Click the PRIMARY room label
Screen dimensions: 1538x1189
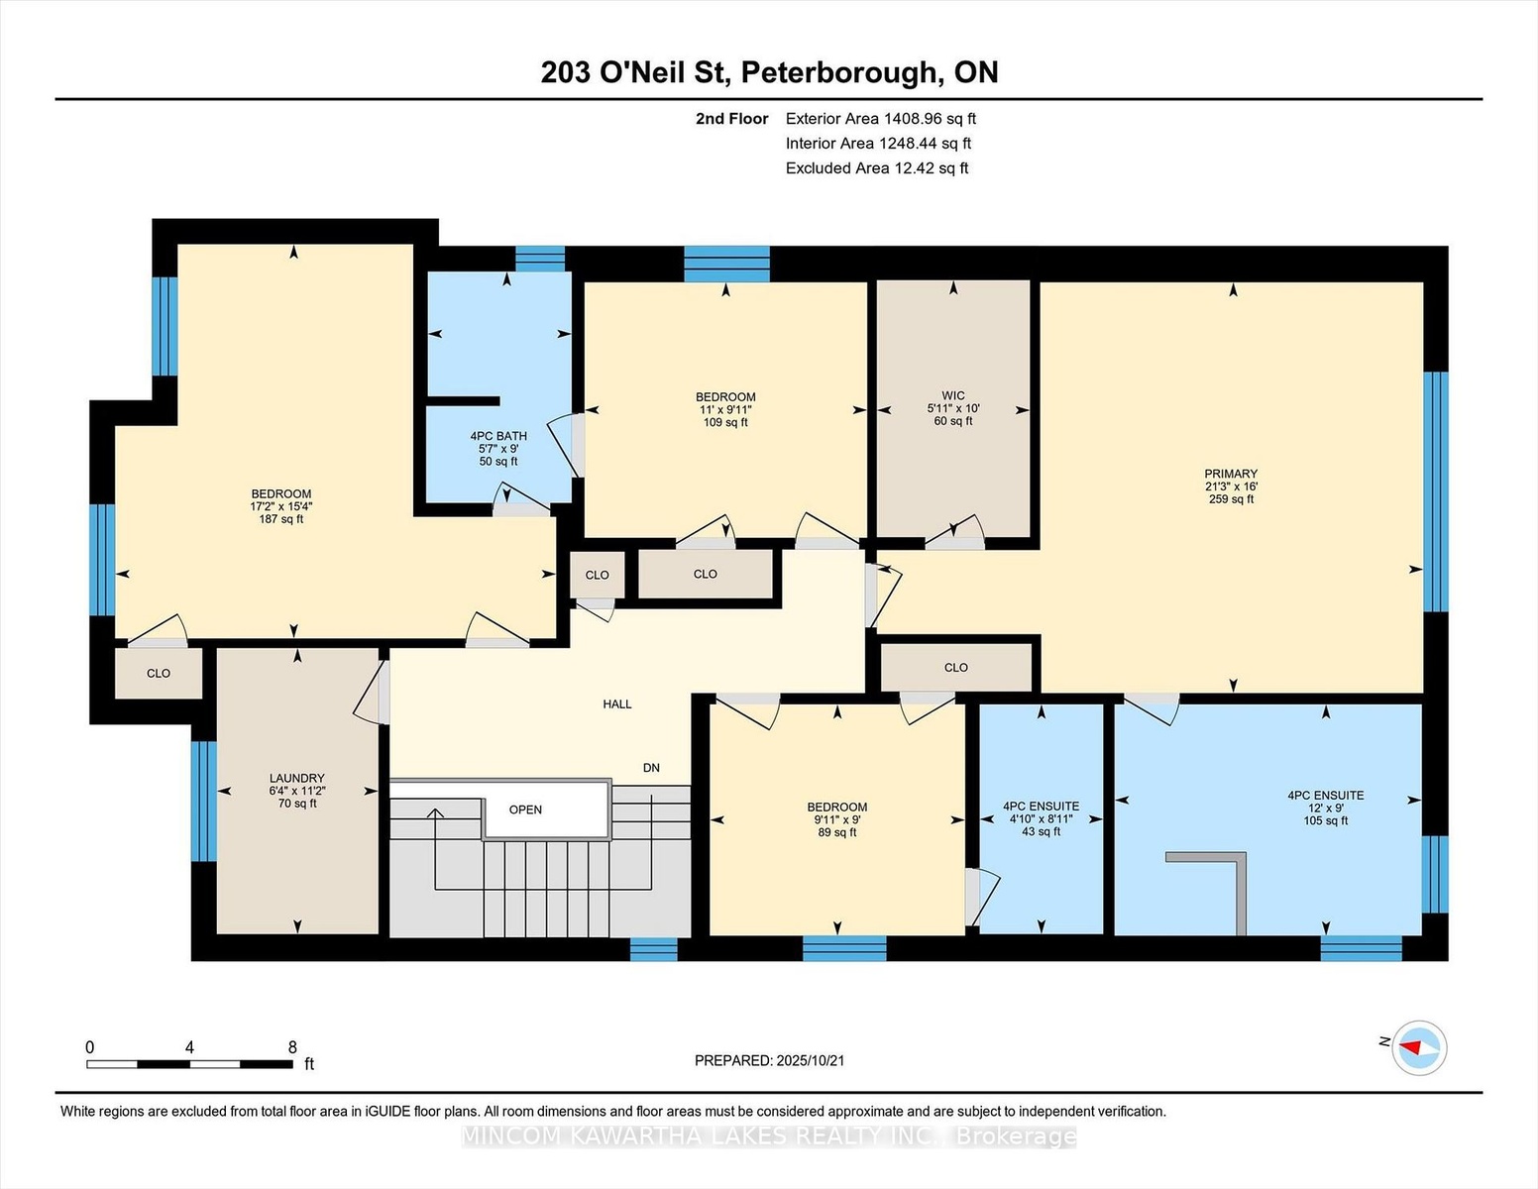[x=1231, y=474]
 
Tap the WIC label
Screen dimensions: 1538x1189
[x=953, y=396]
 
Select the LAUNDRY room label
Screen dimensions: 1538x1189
[x=296, y=778]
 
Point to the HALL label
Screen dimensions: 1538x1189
[x=617, y=703]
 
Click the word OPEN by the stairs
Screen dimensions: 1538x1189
[x=525, y=810]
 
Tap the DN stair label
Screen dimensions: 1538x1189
[x=651, y=768]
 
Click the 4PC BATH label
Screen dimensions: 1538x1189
[x=498, y=436]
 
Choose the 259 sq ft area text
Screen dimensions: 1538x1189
[x=1231, y=499]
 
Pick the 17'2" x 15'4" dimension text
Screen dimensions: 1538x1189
[x=281, y=506]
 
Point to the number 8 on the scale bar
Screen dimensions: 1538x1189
[x=292, y=1047]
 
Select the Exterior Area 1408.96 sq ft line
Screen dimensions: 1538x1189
[x=880, y=119]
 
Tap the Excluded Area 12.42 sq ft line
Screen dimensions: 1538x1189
[x=877, y=168]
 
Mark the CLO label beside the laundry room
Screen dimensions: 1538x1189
[x=159, y=674]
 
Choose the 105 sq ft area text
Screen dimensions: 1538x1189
[x=1326, y=821]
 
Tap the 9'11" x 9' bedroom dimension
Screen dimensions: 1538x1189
[x=837, y=819]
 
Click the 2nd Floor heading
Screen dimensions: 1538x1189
[x=732, y=119]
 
